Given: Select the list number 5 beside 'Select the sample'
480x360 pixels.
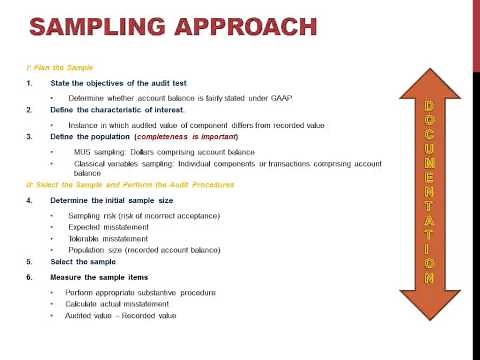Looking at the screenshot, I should pyautogui.click(x=28, y=261).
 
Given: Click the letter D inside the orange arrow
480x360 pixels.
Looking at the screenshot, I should pyautogui.click(x=429, y=105).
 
